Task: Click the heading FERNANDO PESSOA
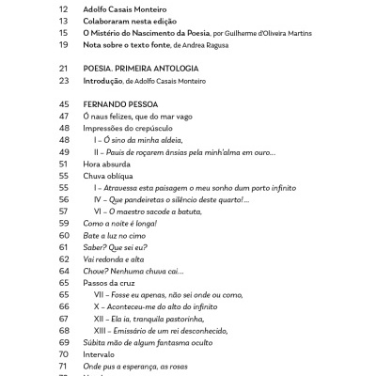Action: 120,103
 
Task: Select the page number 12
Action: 64,8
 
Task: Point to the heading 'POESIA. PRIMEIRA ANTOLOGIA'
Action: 141,68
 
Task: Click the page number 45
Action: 64,103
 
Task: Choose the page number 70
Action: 64,355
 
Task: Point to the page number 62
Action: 64,258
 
